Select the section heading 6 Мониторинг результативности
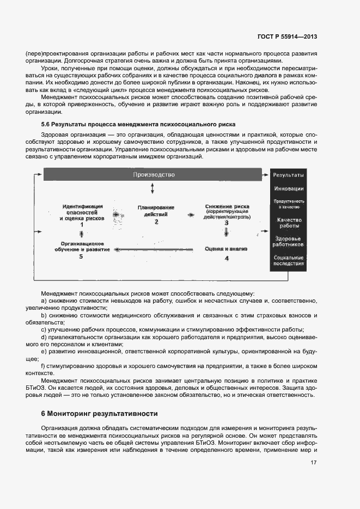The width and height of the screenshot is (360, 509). [x=99, y=414]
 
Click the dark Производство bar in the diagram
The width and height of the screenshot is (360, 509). [x=153, y=175]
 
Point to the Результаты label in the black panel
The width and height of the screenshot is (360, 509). [x=288, y=175]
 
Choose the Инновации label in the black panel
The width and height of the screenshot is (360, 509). [x=289, y=189]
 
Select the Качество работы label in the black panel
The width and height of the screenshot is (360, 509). [x=289, y=223]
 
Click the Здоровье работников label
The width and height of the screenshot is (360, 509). [x=289, y=241]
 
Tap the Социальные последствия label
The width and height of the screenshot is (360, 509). [x=289, y=260]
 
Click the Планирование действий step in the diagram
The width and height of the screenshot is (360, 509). [x=156, y=211]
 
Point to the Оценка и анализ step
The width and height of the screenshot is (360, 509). [x=226, y=249]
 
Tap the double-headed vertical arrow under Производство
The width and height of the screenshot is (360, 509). [x=153, y=188]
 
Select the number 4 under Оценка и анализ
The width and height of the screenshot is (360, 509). [x=227, y=258]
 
